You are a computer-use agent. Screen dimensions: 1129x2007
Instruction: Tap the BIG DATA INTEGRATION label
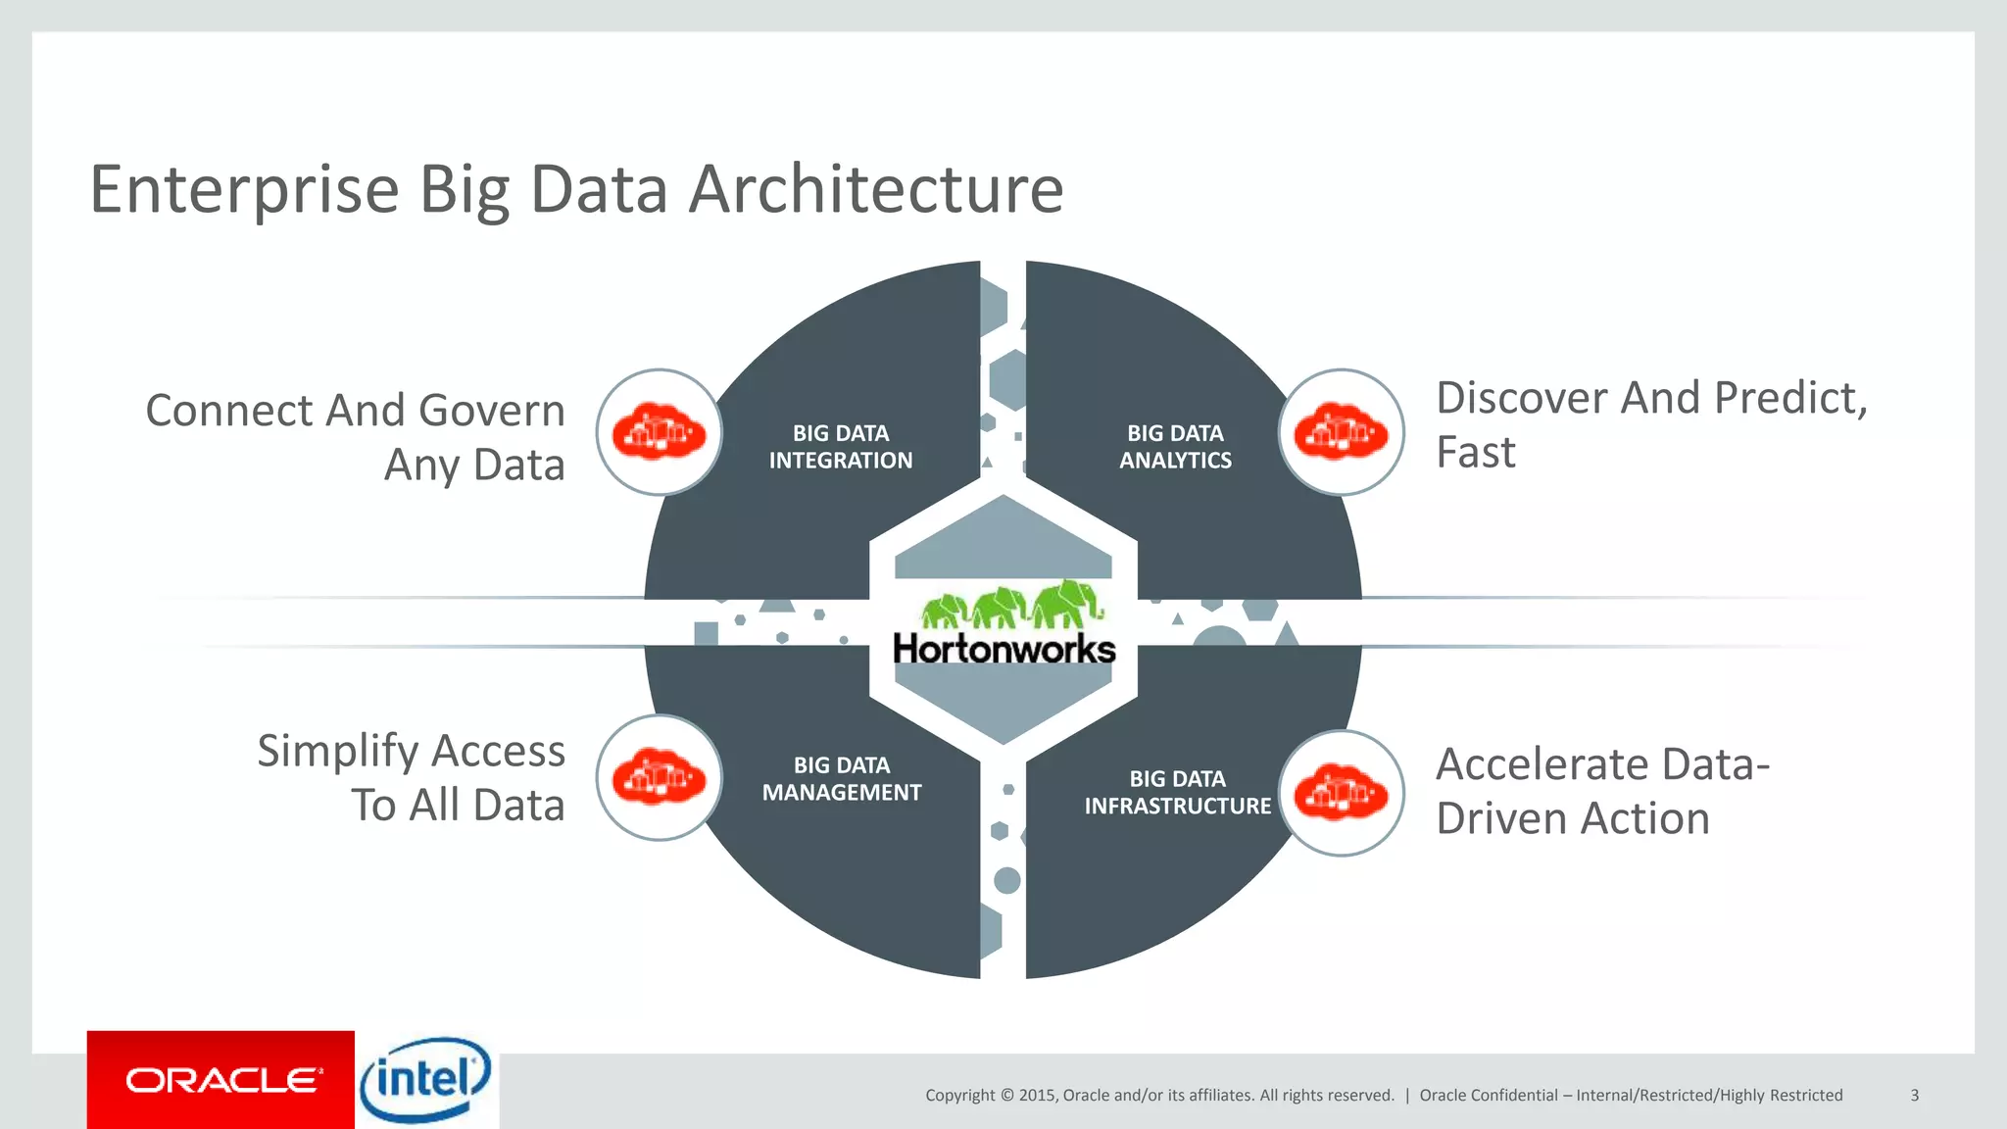tap(840, 447)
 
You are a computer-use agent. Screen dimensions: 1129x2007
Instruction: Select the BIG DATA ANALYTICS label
tap(1175, 447)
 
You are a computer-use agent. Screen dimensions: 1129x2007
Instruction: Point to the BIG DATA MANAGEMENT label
tap(842, 779)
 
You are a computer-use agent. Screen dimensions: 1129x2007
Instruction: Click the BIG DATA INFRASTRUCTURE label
tap(1177, 792)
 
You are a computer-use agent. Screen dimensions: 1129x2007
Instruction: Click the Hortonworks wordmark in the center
tap(1003, 649)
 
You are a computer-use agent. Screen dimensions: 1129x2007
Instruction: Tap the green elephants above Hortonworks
tap(1011, 604)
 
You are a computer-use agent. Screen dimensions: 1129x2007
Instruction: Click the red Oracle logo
tap(221, 1080)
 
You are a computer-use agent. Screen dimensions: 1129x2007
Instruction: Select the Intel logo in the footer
tap(425, 1080)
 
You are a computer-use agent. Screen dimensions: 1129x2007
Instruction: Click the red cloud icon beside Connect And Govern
tap(659, 432)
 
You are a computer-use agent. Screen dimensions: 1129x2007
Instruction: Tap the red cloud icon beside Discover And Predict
tap(1341, 432)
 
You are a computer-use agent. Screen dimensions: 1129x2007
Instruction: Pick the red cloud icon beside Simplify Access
tap(659, 778)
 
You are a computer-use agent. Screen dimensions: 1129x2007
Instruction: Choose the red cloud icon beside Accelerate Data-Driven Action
tap(1341, 793)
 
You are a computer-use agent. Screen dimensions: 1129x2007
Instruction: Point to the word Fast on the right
tap(1475, 453)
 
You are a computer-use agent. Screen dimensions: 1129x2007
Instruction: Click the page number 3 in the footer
tap(1914, 1095)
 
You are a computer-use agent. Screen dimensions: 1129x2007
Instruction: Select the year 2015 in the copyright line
tap(1038, 1095)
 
